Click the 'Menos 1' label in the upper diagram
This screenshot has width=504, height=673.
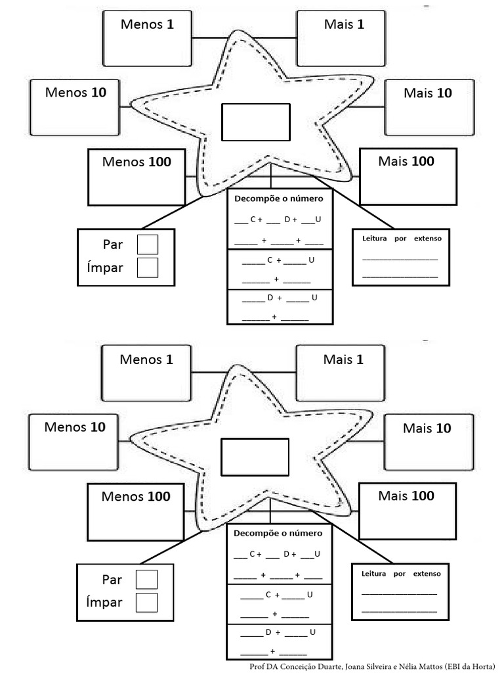click(x=146, y=24)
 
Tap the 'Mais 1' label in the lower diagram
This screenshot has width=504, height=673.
click(x=343, y=360)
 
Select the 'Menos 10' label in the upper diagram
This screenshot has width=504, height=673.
click(x=75, y=92)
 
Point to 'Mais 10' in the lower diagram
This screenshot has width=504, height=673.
click(x=427, y=429)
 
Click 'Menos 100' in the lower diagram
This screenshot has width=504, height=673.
click(x=136, y=496)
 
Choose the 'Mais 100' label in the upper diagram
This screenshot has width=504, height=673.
click(x=406, y=161)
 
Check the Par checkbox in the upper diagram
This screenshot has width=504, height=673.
click(x=148, y=244)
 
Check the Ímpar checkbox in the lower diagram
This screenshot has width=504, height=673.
click(x=147, y=602)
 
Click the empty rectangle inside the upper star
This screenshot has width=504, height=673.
click(x=255, y=122)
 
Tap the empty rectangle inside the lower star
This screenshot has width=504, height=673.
click(x=255, y=457)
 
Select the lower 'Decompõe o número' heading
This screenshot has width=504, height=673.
click(x=278, y=533)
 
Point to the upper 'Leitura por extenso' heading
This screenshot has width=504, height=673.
click(x=402, y=239)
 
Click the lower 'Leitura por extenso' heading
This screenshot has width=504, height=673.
click(x=401, y=574)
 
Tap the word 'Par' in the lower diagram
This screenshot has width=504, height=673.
click(x=112, y=580)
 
